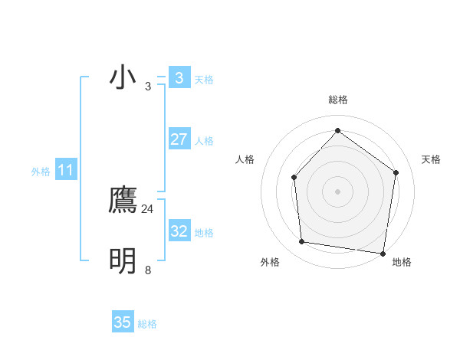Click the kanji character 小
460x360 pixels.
(x=123, y=78)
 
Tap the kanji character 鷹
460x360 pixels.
(x=123, y=200)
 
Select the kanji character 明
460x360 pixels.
(x=123, y=261)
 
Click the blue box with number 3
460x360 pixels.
(x=179, y=78)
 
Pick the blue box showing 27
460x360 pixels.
(x=179, y=139)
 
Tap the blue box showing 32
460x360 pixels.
(x=179, y=231)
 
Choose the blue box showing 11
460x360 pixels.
(x=65, y=170)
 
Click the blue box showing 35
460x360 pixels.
(x=123, y=322)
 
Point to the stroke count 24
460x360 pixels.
(x=148, y=208)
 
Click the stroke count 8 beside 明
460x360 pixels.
(x=148, y=270)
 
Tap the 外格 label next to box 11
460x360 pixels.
(x=41, y=172)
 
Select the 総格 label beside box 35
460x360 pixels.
(x=147, y=324)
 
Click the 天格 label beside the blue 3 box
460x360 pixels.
(x=204, y=80)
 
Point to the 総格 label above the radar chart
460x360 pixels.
(x=337, y=100)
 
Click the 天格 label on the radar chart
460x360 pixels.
(x=431, y=159)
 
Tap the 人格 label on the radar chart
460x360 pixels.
(x=245, y=159)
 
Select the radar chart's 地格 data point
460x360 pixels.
(x=383, y=253)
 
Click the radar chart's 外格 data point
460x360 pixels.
(x=302, y=242)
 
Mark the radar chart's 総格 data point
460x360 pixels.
(x=337, y=130)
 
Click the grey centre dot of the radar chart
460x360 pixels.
(x=337, y=191)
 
